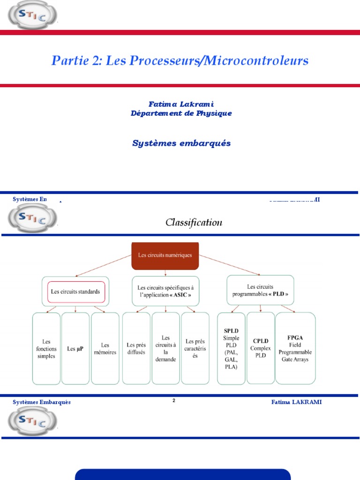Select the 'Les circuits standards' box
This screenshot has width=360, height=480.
click(x=75, y=291)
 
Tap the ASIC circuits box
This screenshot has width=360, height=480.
click(x=165, y=291)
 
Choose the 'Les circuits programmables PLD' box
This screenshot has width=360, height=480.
click(x=261, y=290)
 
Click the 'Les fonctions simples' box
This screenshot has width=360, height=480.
click(x=46, y=348)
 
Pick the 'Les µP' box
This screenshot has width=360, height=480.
click(x=75, y=348)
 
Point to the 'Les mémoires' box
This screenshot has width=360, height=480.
click(x=105, y=348)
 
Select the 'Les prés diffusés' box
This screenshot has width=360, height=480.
click(x=136, y=348)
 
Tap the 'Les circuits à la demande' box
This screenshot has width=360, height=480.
click(x=165, y=348)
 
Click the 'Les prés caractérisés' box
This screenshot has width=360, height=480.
click(x=195, y=348)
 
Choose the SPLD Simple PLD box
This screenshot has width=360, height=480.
click(x=231, y=349)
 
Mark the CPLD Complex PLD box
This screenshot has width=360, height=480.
click(x=261, y=348)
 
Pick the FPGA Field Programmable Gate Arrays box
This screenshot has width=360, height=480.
click(x=295, y=348)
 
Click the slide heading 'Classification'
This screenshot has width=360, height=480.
click(x=194, y=223)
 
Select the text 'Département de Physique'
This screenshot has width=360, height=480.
click(x=181, y=113)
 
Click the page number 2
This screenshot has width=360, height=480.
click(x=174, y=401)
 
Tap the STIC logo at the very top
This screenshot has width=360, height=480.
click(x=31, y=15)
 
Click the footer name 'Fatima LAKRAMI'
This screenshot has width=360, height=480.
click(x=296, y=402)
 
